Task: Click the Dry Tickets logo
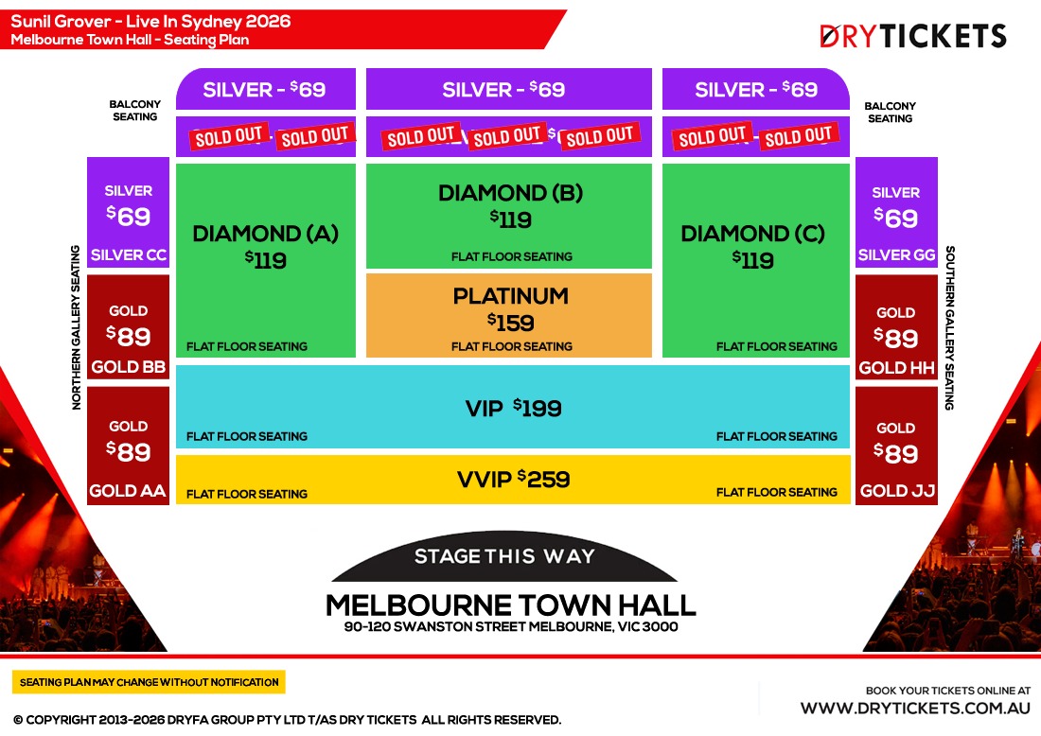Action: point(912,37)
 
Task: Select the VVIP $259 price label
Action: point(513,480)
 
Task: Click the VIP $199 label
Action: point(513,409)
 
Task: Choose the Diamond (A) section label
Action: point(265,234)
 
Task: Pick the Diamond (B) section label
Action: point(510,194)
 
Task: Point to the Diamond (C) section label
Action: point(753,234)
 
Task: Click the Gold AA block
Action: point(128,446)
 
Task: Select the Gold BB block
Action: point(128,327)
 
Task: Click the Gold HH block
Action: point(896,327)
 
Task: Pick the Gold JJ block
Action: point(896,446)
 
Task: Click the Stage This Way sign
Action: point(504,557)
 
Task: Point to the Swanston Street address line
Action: point(510,626)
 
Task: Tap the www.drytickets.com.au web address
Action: point(915,708)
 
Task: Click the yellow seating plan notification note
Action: point(150,682)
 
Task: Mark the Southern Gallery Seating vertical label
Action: point(950,327)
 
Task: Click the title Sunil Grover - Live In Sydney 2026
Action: point(151,21)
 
